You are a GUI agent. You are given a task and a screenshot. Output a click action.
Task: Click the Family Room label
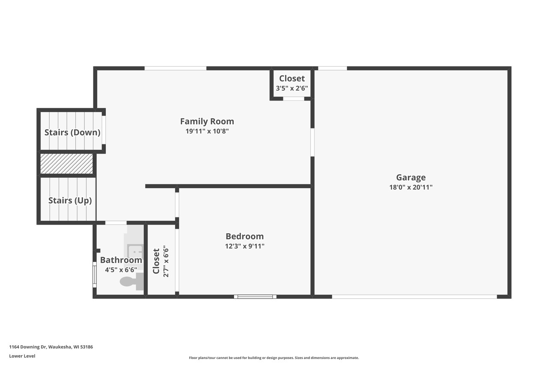pos(207,121)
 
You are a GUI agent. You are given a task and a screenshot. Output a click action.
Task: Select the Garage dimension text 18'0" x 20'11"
pos(411,187)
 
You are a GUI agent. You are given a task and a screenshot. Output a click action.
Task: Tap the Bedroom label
pos(244,236)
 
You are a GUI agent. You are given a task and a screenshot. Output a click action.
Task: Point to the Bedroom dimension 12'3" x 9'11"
pos(244,246)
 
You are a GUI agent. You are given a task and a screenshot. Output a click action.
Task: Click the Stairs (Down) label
pos(72,132)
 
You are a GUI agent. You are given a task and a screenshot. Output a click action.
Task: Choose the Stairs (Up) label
pos(70,200)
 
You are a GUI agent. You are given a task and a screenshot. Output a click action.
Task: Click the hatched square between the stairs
pos(66,164)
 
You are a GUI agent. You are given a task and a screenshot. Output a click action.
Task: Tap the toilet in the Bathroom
pos(131,282)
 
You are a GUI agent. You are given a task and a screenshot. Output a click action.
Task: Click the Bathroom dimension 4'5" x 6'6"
pos(121,270)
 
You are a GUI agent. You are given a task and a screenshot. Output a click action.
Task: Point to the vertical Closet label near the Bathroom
pos(156,261)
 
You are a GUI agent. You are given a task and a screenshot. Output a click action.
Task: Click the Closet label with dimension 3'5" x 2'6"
pos(292,78)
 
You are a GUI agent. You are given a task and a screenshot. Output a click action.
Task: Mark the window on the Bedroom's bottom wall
pos(255,297)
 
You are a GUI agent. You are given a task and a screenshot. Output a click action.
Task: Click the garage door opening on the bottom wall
pos(414,297)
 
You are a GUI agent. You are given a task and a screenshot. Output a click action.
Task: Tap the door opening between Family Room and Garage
pos(313,142)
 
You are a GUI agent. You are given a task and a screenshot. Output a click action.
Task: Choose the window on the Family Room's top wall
pos(175,68)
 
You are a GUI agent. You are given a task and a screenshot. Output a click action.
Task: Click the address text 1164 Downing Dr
pos(51,347)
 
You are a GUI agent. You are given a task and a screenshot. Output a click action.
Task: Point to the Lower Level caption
pos(22,356)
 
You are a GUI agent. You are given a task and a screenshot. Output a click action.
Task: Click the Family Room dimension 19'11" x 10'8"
pos(207,131)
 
